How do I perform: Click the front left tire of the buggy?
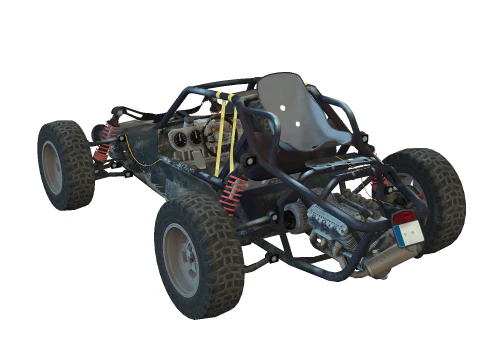(66, 164)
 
